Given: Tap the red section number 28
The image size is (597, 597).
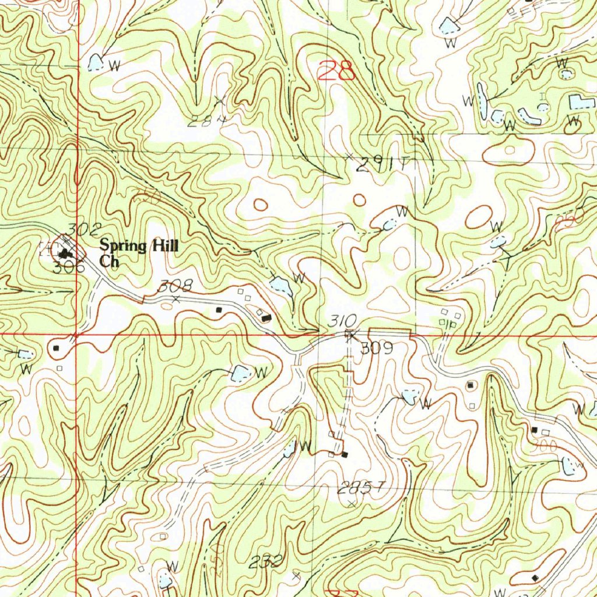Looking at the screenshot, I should tap(337, 72).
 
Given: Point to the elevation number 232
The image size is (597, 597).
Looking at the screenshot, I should tap(266, 562).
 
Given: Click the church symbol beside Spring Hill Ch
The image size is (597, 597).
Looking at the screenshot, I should tap(65, 253).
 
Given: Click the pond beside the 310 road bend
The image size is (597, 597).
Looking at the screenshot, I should tap(280, 286).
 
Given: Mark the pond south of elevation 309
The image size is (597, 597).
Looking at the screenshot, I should tap(409, 398).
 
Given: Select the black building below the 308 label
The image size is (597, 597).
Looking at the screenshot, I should tap(219, 310).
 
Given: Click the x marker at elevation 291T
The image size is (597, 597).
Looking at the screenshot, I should tap(349, 156).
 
